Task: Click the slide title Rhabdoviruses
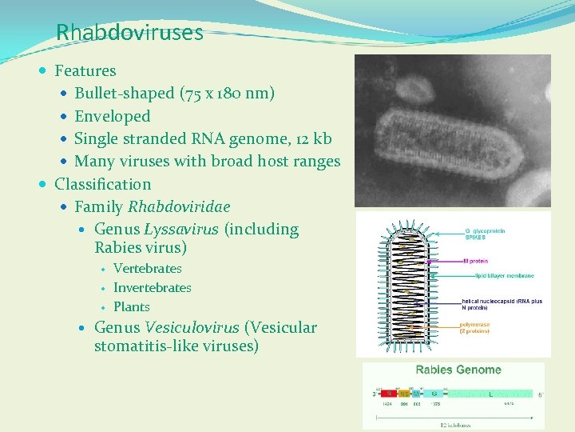tap(129, 33)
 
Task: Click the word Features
tap(85, 71)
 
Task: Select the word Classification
tap(102, 184)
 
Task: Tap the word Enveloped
tap(112, 116)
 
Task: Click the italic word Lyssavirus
tap(181, 230)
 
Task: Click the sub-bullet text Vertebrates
tap(147, 269)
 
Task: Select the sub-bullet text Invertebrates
tap(152, 288)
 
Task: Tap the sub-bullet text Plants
tap(131, 307)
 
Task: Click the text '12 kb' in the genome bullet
tap(309, 138)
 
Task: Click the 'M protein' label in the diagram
tap(476, 261)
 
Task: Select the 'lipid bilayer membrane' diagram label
tap(504, 276)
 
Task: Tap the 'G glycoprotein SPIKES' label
tap(485, 234)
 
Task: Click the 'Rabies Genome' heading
tap(458, 370)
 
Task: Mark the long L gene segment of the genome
tap(489, 394)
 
